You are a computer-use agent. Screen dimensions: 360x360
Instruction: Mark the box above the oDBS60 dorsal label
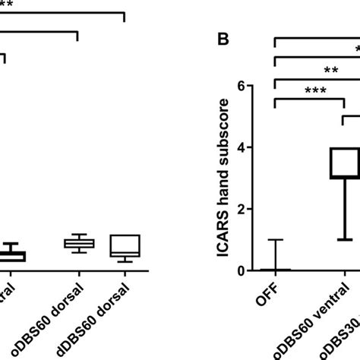click(x=78, y=243)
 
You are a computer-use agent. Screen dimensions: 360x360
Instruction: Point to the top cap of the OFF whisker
click(x=276, y=240)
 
